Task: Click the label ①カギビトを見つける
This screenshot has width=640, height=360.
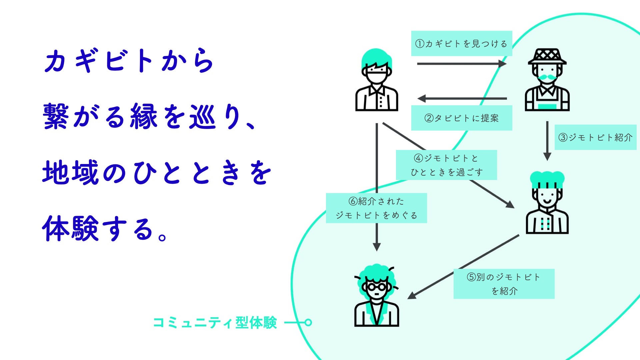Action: click(461, 44)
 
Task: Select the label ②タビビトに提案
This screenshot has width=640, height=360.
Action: click(461, 118)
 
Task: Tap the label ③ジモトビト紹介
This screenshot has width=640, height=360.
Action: click(595, 137)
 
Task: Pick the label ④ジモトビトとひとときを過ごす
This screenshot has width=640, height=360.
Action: click(446, 165)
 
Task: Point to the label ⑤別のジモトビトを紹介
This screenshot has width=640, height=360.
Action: click(504, 284)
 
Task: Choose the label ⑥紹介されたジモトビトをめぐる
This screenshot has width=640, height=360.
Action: click(376, 208)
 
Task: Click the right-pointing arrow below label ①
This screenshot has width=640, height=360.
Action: click(462, 64)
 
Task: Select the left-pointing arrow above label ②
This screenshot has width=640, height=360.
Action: click(462, 99)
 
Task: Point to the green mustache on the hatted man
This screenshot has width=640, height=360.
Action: click(547, 77)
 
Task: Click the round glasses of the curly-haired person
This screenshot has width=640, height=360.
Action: click(376, 286)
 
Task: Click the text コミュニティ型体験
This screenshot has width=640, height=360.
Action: click(215, 323)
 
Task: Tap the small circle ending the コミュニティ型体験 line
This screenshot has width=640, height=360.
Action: click(308, 322)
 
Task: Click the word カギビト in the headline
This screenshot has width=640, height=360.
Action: click(99, 61)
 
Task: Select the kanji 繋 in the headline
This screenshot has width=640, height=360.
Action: click(56, 116)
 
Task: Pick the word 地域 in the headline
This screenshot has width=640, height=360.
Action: click(70, 172)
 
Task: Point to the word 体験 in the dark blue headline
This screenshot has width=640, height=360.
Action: click(70, 229)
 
